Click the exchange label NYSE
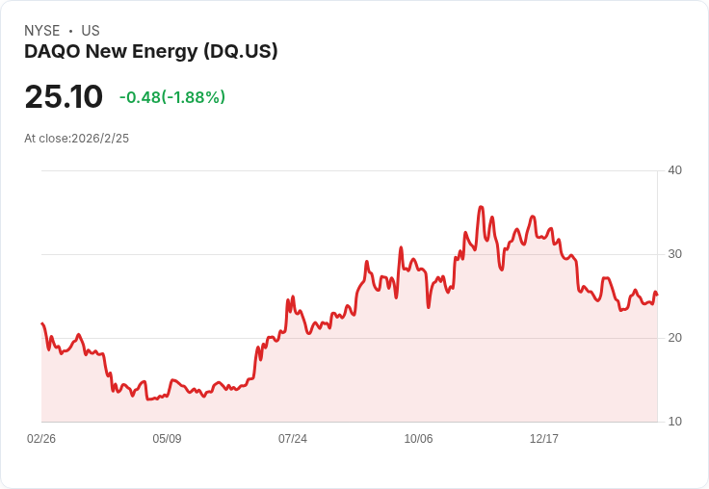(x=42, y=31)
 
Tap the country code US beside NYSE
(x=91, y=31)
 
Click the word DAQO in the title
(x=52, y=52)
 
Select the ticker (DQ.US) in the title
(x=240, y=52)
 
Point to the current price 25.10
(x=64, y=96)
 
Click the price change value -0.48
(x=140, y=97)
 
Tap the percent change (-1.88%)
(x=193, y=97)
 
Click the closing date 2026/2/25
(x=100, y=139)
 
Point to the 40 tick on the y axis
(x=674, y=170)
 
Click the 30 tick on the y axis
(x=674, y=254)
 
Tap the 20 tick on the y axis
(x=674, y=338)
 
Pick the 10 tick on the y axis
(x=674, y=422)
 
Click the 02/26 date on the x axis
(x=41, y=438)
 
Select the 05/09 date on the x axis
(x=167, y=438)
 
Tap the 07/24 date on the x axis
(x=293, y=438)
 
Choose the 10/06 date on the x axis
(x=418, y=438)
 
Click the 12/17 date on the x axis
(x=544, y=438)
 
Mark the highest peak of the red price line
(x=481, y=207)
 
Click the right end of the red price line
(x=657, y=296)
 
